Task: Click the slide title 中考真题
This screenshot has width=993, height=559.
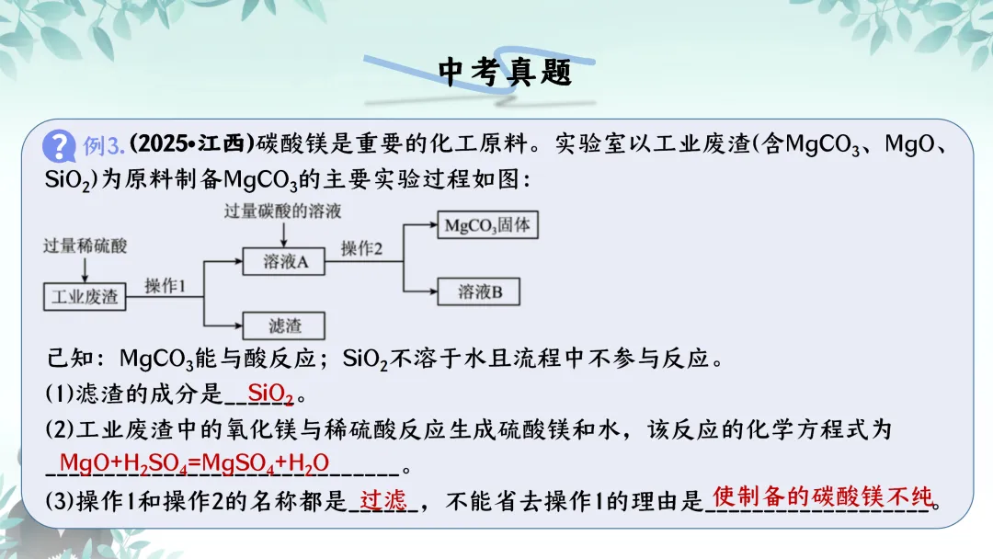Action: click(x=505, y=72)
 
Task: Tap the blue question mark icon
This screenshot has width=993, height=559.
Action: click(x=60, y=145)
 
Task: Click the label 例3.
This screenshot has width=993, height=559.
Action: click(x=103, y=146)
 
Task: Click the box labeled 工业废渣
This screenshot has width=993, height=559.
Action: click(x=85, y=296)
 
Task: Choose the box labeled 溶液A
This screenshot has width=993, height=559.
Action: click(x=284, y=262)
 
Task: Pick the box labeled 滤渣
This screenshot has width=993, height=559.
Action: click(x=284, y=325)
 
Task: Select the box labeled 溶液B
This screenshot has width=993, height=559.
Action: click(x=479, y=292)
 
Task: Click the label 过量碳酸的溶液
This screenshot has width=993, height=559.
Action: click(x=282, y=211)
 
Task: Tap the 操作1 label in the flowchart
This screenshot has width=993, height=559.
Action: click(x=165, y=287)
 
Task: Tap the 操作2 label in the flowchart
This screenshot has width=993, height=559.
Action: click(x=361, y=249)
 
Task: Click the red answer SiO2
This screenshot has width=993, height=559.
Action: click(x=270, y=394)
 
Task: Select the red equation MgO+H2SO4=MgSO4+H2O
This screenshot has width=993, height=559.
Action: click(x=194, y=462)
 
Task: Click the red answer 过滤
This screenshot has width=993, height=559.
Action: click(x=383, y=500)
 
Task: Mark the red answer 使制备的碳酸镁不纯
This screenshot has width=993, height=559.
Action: click(x=822, y=497)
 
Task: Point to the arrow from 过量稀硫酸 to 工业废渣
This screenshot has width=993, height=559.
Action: click(x=85, y=268)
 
